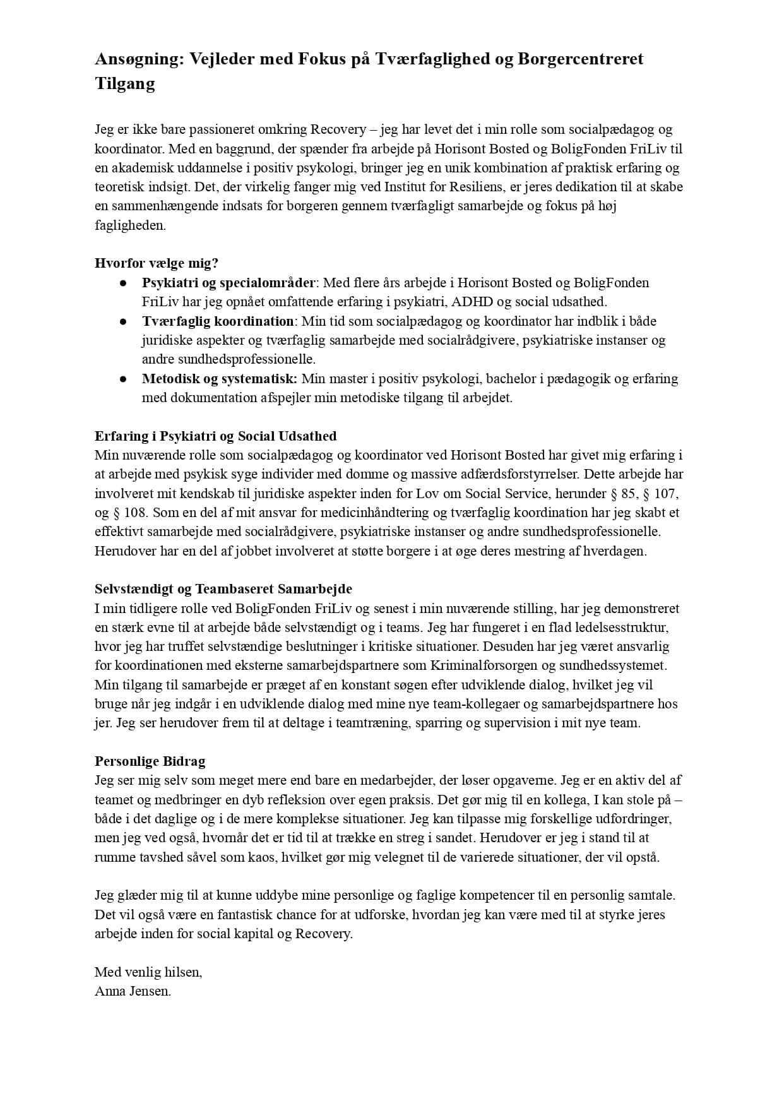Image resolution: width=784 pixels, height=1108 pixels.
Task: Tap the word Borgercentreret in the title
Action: pyautogui.click(x=580, y=59)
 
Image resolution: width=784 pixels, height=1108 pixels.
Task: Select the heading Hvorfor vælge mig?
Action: pyautogui.click(x=157, y=263)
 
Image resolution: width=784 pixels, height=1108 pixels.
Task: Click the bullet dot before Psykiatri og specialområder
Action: pyautogui.click(x=124, y=283)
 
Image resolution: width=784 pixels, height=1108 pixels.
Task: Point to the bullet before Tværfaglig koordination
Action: pyautogui.click(x=124, y=321)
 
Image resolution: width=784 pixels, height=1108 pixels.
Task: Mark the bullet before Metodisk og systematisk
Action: pyautogui.click(x=124, y=379)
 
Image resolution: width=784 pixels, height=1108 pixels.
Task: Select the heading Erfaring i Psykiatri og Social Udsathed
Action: pyautogui.click(x=215, y=436)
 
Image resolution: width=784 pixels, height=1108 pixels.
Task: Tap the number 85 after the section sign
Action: pyautogui.click(x=629, y=494)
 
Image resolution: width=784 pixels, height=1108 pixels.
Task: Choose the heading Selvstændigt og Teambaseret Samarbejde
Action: pyautogui.click(x=223, y=589)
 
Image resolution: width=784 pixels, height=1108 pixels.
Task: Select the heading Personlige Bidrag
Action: pyautogui.click(x=150, y=761)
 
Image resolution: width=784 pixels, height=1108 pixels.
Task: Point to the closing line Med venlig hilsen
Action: pyautogui.click(x=148, y=972)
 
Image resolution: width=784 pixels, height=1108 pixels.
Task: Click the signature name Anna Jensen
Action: pyautogui.click(x=133, y=991)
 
